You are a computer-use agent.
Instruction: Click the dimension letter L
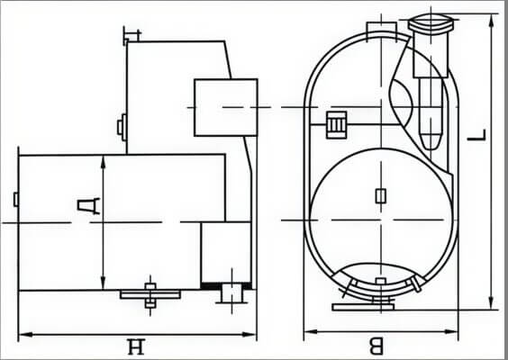click(x=476, y=135)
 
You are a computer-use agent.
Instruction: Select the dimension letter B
click(x=376, y=346)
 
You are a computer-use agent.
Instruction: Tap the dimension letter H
click(x=135, y=346)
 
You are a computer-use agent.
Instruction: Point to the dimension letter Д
click(x=88, y=206)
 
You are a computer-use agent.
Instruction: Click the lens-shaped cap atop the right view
click(x=430, y=24)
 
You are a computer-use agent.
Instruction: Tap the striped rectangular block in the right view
click(x=337, y=124)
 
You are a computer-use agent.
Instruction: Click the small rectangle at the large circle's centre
click(x=381, y=196)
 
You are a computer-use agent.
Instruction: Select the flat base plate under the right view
click(x=363, y=307)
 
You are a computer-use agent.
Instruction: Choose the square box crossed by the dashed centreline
click(x=226, y=107)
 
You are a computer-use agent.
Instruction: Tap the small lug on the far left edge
click(x=16, y=199)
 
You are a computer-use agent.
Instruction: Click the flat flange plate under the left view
click(x=150, y=294)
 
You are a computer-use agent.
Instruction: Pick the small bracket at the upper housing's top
click(x=132, y=35)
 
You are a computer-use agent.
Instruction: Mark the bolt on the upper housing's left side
click(x=122, y=127)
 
